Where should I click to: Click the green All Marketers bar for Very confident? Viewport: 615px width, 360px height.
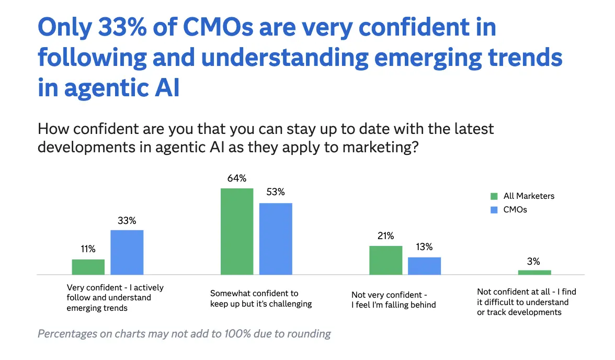click(x=88, y=267)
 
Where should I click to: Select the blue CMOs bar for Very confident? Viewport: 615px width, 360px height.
click(x=127, y=252)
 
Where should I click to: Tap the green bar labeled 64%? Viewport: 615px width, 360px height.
click(x=237, y=231)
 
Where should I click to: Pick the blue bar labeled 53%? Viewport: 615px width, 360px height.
click(x=276, y=239)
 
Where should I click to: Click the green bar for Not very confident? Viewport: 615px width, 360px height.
click(x=386, y=260)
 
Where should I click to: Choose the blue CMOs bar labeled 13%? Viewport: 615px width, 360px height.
click(x=424, y=266)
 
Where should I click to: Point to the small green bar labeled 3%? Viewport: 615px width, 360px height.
click(x=534, y=272)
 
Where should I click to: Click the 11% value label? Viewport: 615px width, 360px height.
click(x=88, y=250)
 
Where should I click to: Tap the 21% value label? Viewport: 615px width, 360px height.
click(x=385, y=236)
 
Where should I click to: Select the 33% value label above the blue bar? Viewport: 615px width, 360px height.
click(x=127, y=220)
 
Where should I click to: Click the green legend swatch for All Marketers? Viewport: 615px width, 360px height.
click(x=494, y=197)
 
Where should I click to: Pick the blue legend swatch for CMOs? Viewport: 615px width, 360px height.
click(x=494, y=210)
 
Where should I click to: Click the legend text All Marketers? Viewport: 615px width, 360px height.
click(x=529, y=196)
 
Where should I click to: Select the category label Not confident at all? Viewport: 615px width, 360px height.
click(x=527, y=302)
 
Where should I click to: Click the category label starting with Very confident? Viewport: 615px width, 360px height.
click(x=115, y=298)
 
